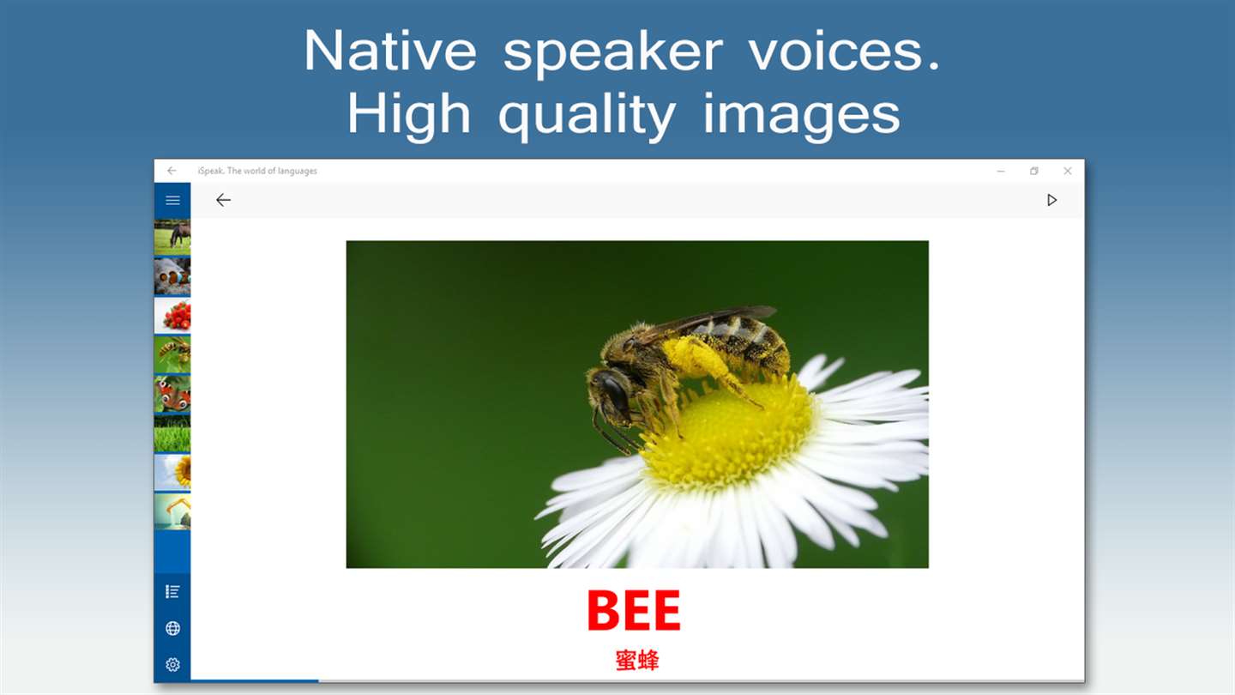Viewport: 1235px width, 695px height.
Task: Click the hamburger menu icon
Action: (172, 200)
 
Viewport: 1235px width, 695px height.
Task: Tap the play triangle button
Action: (1052, 200)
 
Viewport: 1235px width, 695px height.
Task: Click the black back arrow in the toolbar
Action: (223, 200)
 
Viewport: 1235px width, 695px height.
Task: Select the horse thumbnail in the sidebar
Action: (172, 237)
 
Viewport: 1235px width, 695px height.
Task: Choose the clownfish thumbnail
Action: (172, 276)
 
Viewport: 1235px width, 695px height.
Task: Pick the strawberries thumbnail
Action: (172, 316)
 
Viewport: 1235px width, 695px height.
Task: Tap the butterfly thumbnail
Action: (172, 395)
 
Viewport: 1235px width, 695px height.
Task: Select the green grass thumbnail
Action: (172, 434)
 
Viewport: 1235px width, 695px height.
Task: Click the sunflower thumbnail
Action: (172, 474)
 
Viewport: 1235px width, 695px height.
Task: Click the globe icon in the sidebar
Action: (172, 628)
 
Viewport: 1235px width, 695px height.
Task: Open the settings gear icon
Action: (172, 665)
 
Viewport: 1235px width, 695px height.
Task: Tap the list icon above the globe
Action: (172, 592)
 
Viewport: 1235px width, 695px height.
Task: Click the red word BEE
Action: (634, 611)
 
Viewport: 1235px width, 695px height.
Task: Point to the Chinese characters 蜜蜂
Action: (636, 661)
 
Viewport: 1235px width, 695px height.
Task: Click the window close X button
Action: (1068, 171)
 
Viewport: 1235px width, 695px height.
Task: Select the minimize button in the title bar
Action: (1001, 171)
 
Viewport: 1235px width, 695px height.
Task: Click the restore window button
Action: (1033, 171)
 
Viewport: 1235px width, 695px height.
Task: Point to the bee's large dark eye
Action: (613, 390)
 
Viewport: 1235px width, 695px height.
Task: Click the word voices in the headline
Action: (845, 51)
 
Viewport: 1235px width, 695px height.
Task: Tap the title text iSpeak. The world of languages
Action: (257, 171)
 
